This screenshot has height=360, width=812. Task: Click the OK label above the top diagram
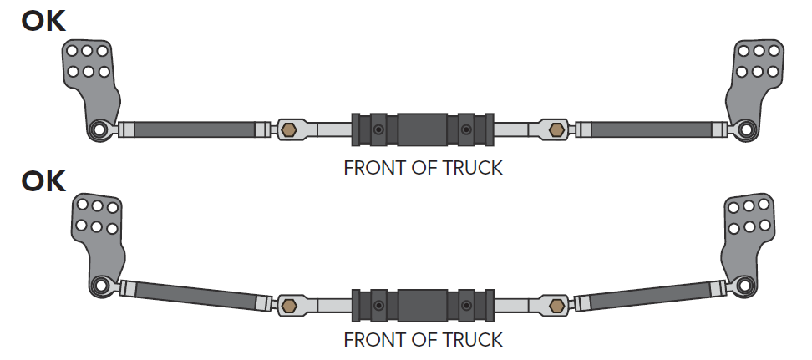[43, 20]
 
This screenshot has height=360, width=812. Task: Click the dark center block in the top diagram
[423, 129]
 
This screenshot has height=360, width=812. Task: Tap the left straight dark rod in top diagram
[194, 129]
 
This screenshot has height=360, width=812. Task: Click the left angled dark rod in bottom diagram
[194, 294]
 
